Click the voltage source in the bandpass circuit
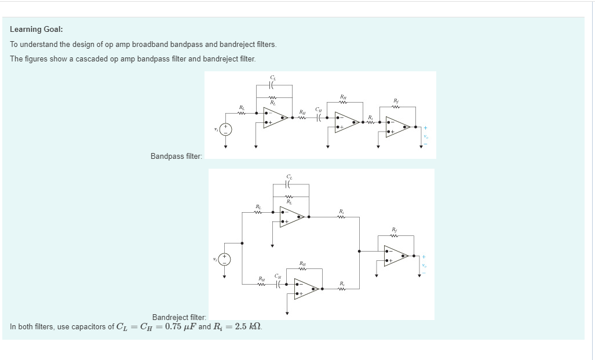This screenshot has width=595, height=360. pos(226,129)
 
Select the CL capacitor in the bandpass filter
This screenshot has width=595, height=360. pos(273,85)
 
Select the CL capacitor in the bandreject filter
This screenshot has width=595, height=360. pos(290,185)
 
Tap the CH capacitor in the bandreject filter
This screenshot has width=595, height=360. pos(279,283)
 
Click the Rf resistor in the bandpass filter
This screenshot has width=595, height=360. pos(396,106)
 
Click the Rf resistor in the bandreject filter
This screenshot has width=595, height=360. pos(396,235)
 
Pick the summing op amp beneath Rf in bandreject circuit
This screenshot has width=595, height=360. pos(396,256)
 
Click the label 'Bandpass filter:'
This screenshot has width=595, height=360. pos(176,157)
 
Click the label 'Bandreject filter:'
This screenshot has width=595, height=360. pos(179,317)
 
